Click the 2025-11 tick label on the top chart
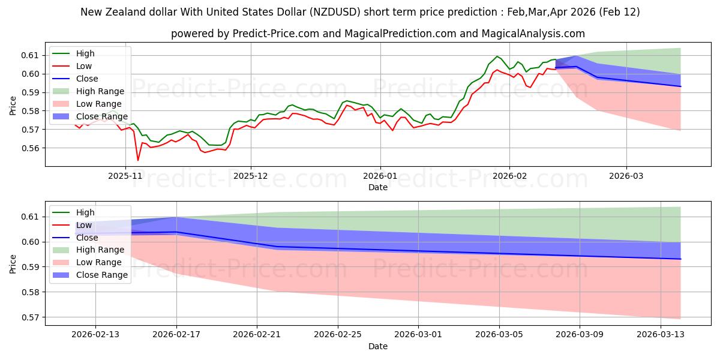pyautogui.click(x=125, y=176)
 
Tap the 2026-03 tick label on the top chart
pyautogui.click(x=626, y=176)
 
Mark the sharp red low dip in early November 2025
pyautogui.click(x=137, y=160)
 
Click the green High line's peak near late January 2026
pyautogui.click(x=497, y=56)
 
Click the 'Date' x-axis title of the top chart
pyautogui.click(x=378, y=188)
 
